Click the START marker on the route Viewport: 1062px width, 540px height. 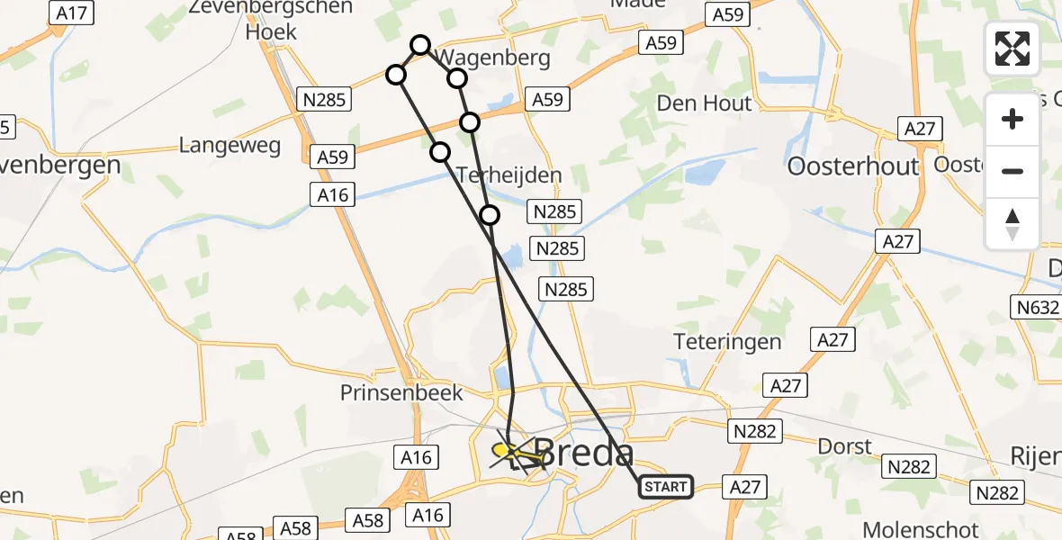click(666, 487)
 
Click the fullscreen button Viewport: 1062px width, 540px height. click(1012, 49)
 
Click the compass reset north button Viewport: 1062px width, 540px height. click(1012, 224)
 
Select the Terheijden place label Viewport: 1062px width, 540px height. click(508, 175)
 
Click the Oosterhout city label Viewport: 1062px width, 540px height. click(852, 166)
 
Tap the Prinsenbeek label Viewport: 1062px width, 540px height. click(401, 392)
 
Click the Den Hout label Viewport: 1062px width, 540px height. click(704, 103)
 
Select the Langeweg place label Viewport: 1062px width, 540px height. click(229, 145)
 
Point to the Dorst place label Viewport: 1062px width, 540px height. click(845, 446)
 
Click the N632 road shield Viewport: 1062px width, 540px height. click(1038, 309)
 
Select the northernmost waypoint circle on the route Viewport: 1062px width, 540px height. click(420, 44)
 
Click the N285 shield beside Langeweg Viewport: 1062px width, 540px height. click(324, 100)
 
